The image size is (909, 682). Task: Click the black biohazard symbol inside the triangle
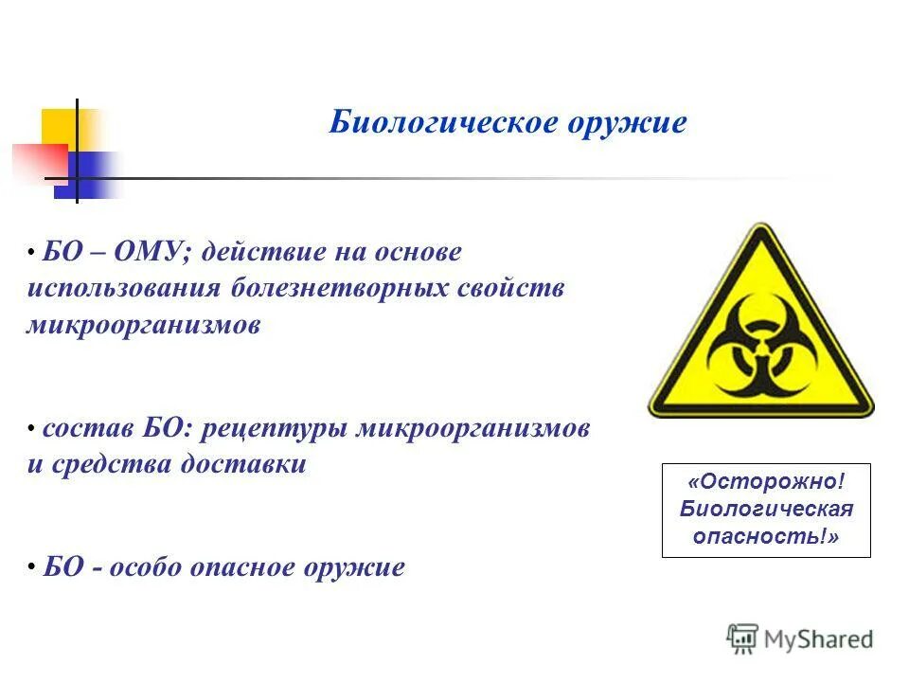tap(760, 350)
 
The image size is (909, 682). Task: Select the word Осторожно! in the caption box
tap(766, 483)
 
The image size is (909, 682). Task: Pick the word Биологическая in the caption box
tap(766, 510)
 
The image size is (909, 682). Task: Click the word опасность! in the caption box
tap(766, 536)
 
